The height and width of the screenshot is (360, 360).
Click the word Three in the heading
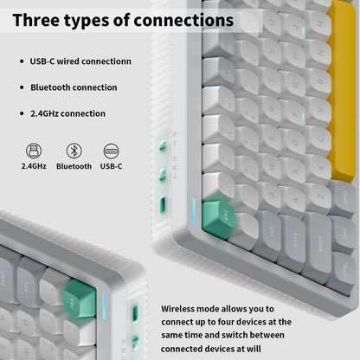pos(35,20)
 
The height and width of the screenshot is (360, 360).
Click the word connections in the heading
pos(183,20)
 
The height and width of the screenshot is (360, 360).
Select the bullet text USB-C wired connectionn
pos(80,61)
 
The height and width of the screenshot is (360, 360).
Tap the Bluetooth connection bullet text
pos(74,87)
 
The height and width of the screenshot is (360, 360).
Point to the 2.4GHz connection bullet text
pos(67,113)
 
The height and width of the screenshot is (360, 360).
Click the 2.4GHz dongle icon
pos(34,151)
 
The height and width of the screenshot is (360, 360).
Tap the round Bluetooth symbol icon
pos(74,151)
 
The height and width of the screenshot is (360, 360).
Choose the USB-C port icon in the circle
pos(111,151)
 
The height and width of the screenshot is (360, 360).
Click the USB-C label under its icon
pos(111,166)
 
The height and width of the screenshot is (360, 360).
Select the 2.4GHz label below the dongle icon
pos(34,166)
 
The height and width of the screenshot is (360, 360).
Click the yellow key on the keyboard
pos(342,93)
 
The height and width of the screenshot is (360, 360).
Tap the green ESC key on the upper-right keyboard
pos(218,219)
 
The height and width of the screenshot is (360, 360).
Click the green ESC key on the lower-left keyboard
pos(80,299)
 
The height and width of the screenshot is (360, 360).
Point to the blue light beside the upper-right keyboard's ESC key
pos(194,212)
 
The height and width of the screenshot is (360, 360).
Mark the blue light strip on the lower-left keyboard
pos(104,307)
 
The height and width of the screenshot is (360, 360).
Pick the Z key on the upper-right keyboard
pos(318,198)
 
